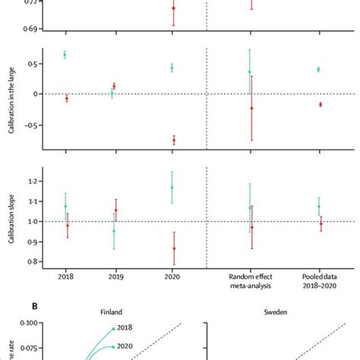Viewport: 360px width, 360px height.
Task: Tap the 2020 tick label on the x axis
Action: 173,278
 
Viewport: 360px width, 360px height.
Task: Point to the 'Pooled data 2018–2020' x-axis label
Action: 319,283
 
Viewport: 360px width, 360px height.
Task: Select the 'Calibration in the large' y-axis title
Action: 11,99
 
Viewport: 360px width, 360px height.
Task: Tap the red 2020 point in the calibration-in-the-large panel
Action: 174,140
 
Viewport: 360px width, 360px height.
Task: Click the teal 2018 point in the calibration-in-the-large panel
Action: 65,55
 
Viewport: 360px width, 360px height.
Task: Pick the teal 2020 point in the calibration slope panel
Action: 172,188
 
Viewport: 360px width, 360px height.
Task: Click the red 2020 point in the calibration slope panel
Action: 174,248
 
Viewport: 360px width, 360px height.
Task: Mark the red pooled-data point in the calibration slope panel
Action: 321,223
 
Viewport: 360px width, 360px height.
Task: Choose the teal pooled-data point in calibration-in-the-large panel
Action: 318,69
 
